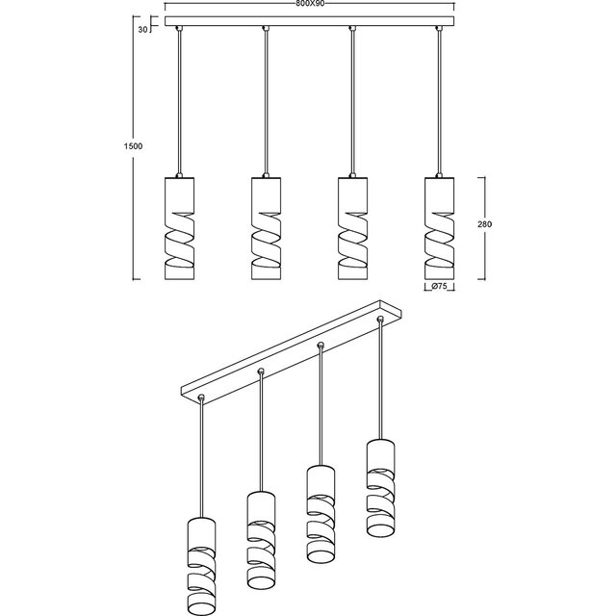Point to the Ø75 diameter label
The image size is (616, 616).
440,286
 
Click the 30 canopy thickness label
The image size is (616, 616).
142,30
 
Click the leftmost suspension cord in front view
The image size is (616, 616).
180,106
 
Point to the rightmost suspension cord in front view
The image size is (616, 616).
439,106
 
